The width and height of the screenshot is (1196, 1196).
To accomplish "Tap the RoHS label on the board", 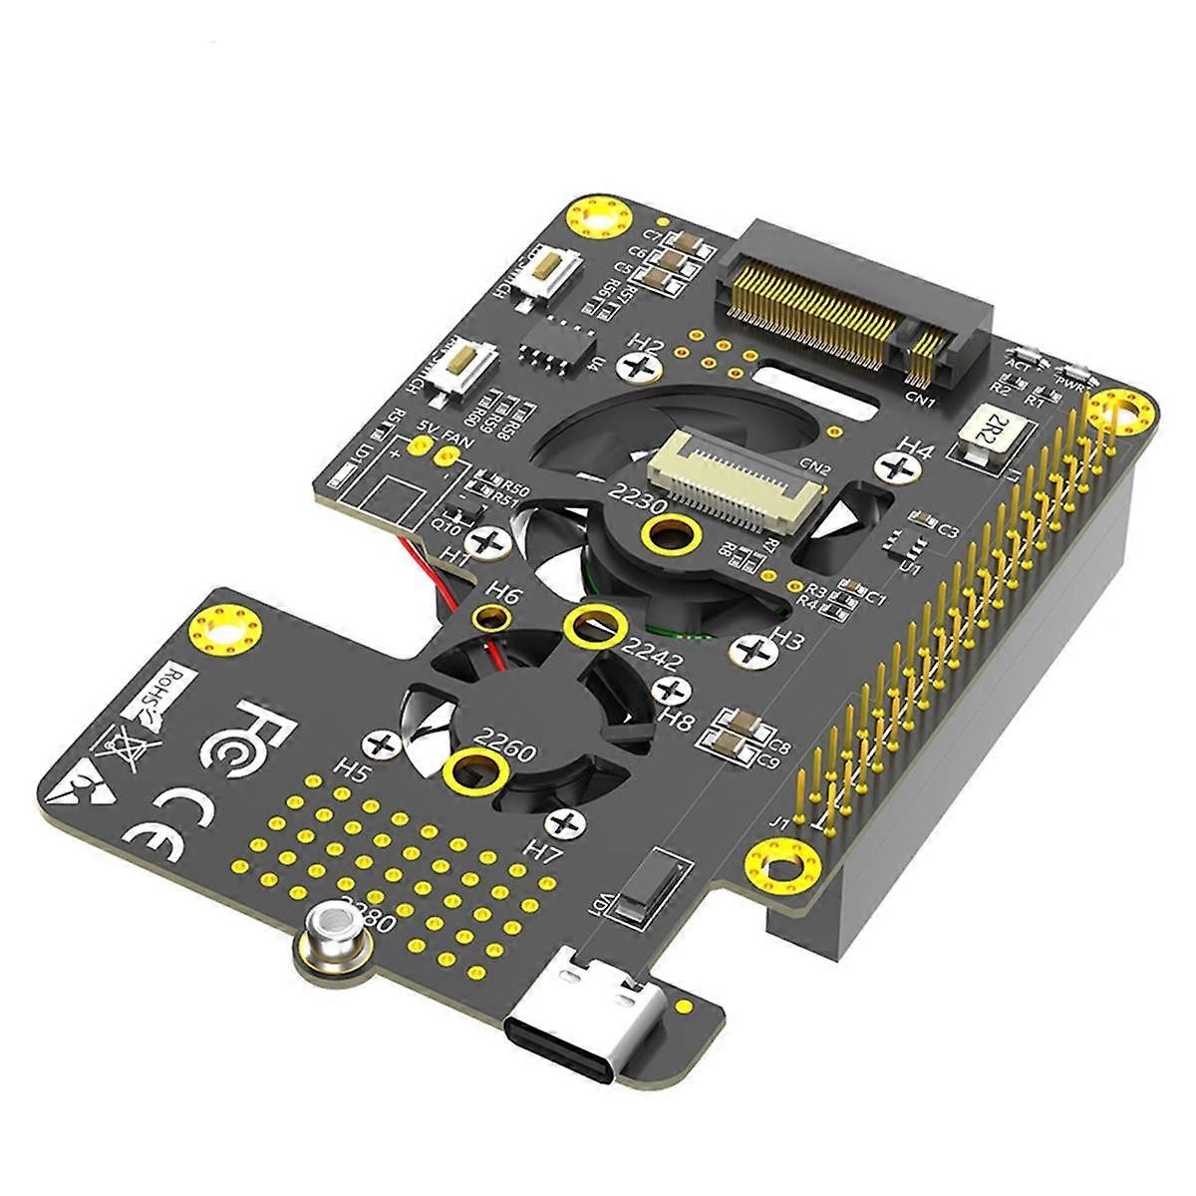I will point(175,689).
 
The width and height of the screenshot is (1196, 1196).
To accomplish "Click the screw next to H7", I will point(566,823).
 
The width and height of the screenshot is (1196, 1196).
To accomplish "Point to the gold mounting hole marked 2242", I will point(594,625).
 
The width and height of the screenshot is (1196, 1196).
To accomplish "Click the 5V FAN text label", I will point(439,431).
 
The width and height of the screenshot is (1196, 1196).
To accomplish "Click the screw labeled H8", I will point(674,690).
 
